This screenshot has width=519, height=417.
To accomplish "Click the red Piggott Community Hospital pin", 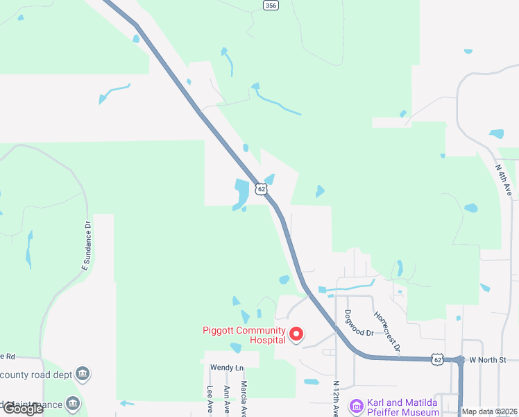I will click(x=296, y=335).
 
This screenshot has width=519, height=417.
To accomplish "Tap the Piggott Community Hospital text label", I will click(x=244, y=335).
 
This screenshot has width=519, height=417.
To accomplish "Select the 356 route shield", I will click(x=271, y=5).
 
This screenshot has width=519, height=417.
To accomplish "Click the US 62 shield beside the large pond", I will click(x=260, y=188).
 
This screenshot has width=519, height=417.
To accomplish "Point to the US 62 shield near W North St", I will click(x=436, y=359).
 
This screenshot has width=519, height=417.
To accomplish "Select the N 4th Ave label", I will click(x=504, y=179).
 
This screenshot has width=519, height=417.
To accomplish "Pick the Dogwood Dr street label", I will click(x=359, y=323).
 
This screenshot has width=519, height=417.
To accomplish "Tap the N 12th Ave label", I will click(x=336, y=398).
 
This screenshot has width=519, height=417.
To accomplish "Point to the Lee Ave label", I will click(x=210, y=401).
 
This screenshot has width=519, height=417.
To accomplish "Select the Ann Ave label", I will click(x=227, y=401).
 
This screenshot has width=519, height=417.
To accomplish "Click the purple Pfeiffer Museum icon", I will click(x=357, y=405).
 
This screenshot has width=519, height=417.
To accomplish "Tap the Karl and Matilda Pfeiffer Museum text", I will click(x=403, y=407).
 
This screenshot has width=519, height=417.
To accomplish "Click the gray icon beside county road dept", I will click(x=83, y=375).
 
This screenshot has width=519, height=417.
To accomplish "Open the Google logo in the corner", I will click(x=23, y=409).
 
